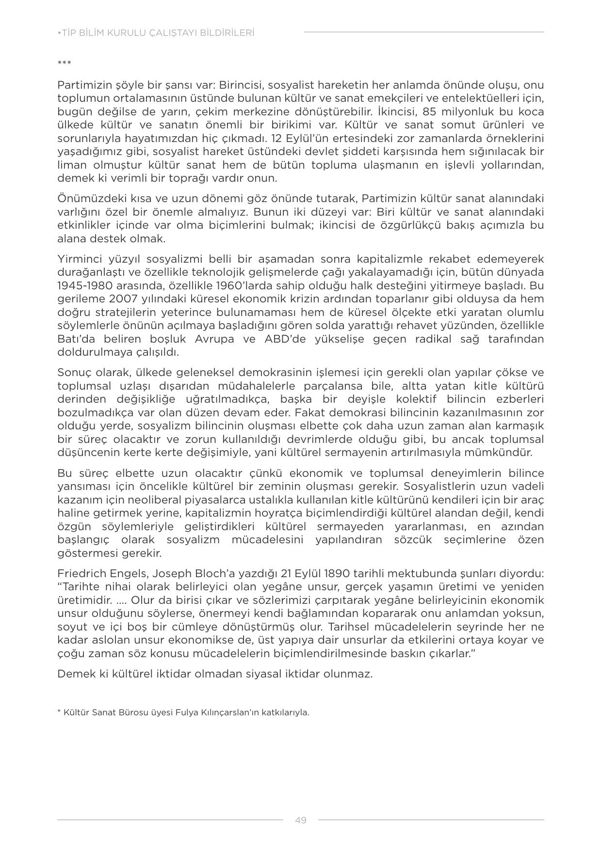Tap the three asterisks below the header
point(64,63)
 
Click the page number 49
point(300,820)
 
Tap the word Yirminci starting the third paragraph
point(79,259)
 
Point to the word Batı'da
point(73,339)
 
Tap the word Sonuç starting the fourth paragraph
point(74,373)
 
